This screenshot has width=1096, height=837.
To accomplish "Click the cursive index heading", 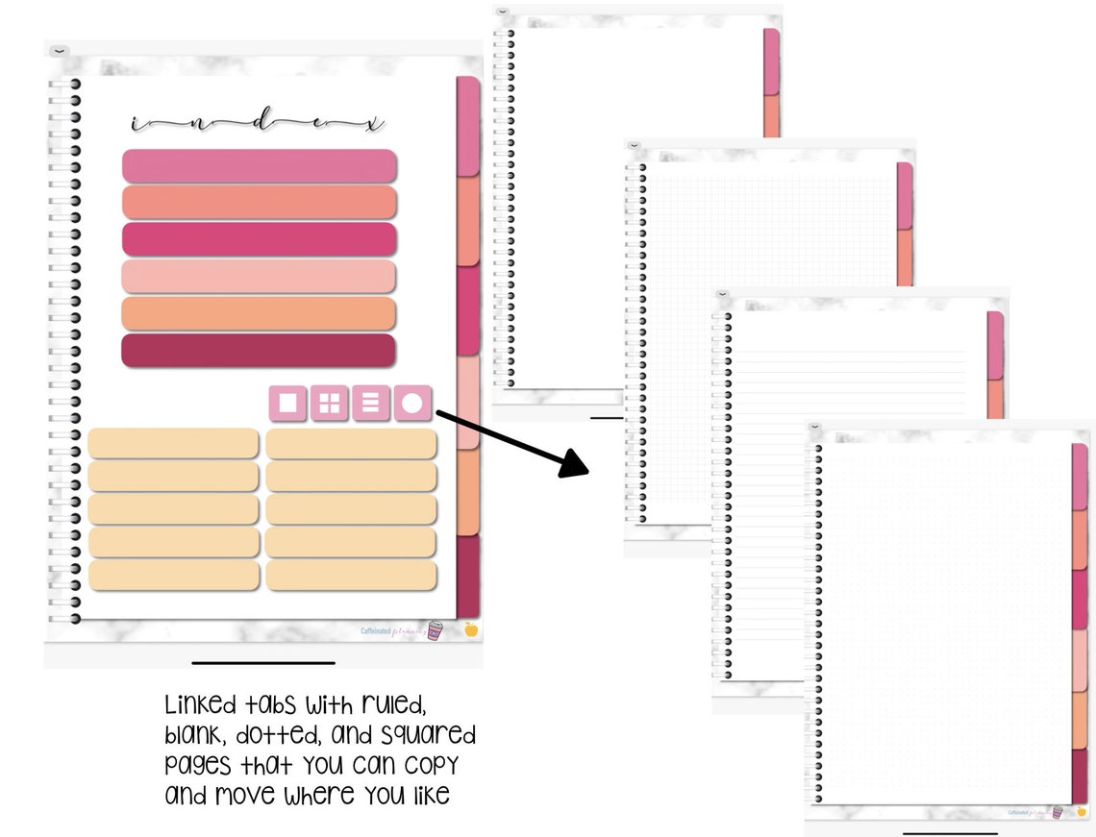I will coord(258,124).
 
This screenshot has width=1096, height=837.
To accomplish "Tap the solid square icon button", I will coord(287,404).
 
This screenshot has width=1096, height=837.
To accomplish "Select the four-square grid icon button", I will coord(330,404).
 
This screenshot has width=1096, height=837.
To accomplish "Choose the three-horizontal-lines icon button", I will coord(371,404).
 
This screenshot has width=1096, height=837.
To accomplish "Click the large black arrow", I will coord(511,441).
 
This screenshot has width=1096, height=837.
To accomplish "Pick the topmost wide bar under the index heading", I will coord(259,165).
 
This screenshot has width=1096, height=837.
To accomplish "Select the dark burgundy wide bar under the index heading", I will coord(259,351).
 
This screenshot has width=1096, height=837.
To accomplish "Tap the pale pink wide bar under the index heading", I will coord(259,277).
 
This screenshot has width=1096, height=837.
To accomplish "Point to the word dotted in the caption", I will coord(268,736).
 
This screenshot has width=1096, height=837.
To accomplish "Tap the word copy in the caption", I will coord(431,766).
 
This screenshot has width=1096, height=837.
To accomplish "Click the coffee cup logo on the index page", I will coord(436,630).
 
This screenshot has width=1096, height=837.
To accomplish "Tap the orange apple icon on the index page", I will coord(471,630).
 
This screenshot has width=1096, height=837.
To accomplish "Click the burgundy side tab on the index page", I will coord(468,577).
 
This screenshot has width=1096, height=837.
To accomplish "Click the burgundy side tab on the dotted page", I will coord(1080,776).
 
